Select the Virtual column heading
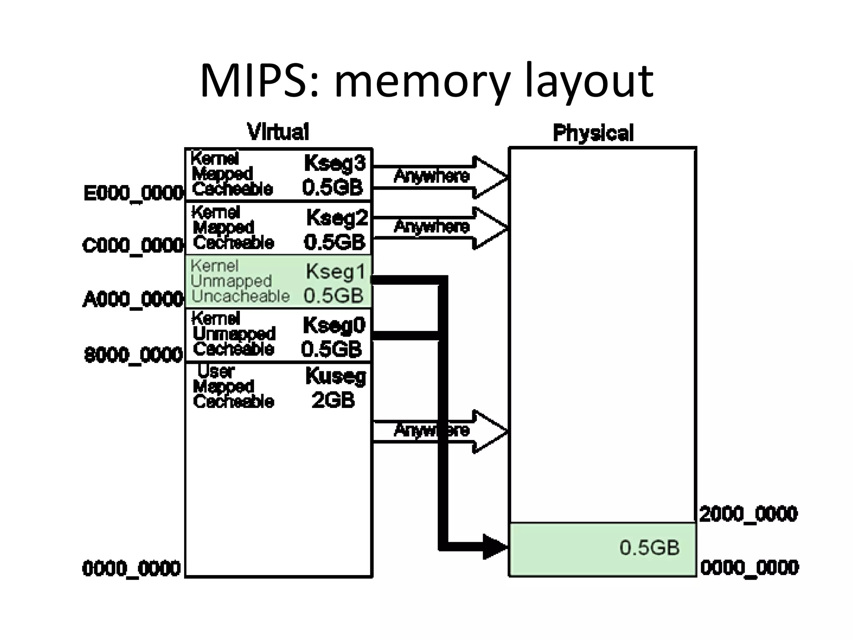tap(278, 132)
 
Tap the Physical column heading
tap(593, 133)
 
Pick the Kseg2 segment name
tap(337, 217)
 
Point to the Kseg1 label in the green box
tap(336, 272)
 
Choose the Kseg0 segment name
tap(334, 325)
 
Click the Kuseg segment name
tap(336, 376)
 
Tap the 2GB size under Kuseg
tap(333, 400)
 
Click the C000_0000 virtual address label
tap(133, 245)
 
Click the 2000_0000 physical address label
tap(748, 514)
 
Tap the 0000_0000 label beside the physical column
tap(749, 567)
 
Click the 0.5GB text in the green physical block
tap(649, 547)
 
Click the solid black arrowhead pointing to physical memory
tap(494, 546)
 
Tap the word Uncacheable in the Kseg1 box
tap(240, 296)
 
